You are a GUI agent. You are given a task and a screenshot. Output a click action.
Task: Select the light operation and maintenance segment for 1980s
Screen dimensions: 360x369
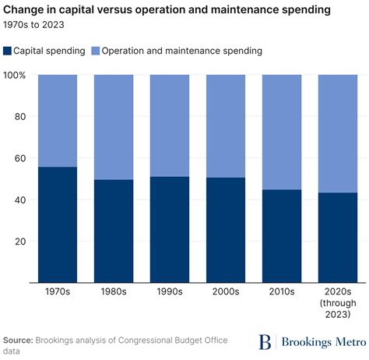click(x=113, y=127)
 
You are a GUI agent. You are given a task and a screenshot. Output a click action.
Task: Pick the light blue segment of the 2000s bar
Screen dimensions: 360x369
click(x=225, y=126)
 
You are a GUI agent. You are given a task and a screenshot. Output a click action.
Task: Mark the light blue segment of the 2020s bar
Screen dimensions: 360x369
click(x=337, y=133)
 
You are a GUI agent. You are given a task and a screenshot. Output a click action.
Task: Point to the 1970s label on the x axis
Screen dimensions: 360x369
click(x=57, y=291)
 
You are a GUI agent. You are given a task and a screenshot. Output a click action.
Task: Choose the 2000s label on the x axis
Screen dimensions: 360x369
click(x=225, y=291)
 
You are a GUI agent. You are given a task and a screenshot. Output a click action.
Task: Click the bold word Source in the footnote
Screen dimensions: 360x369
click(x=21, y=341)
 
